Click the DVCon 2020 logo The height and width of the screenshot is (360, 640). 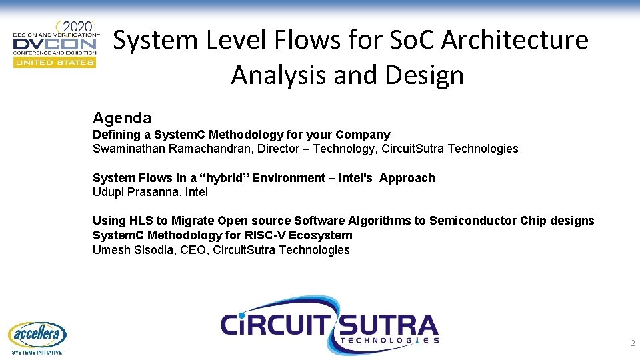(x=56, y=43)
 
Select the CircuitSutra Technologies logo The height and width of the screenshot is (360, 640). (x=330, y=325)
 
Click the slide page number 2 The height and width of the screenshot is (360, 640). (x=632, y=343)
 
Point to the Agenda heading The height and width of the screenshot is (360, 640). (x=122, y=118)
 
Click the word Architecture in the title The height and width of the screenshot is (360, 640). (x=515, y=40)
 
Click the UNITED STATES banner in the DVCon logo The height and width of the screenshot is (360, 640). (x=55, y=62)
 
